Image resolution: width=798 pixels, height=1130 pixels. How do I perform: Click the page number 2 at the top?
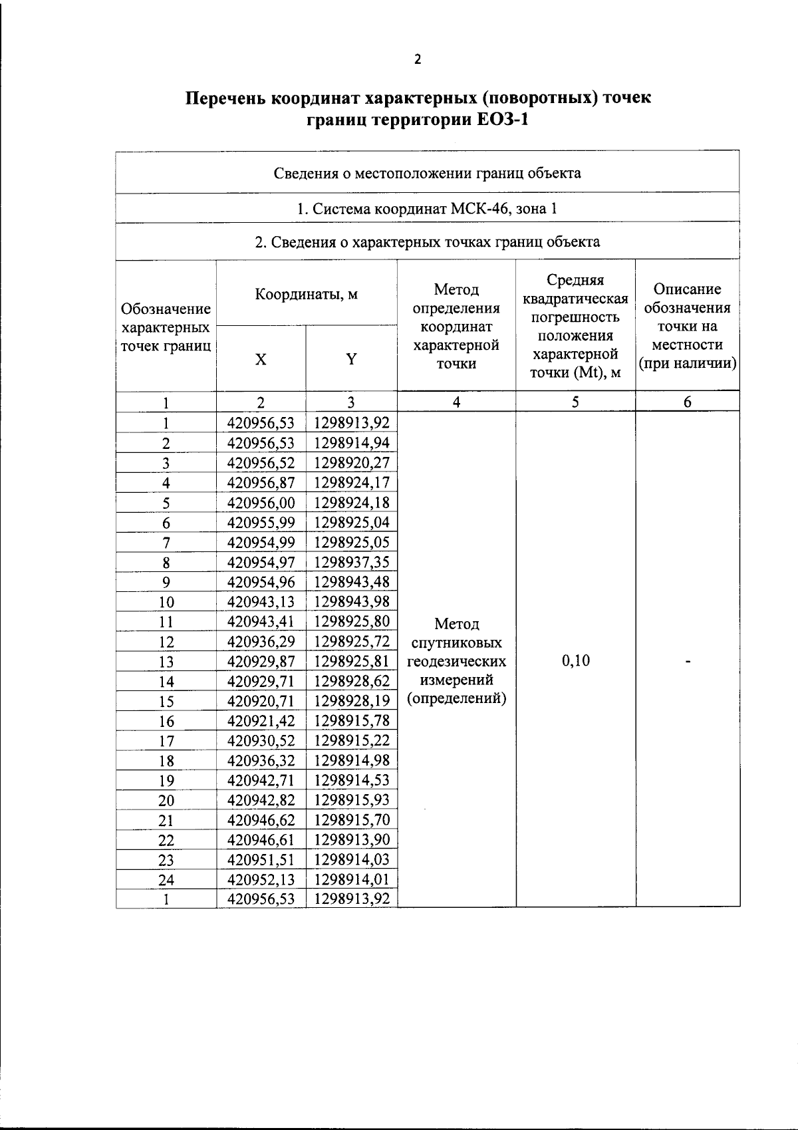[417, 60]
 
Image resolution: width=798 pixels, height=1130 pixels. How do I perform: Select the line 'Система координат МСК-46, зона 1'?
[427, 209]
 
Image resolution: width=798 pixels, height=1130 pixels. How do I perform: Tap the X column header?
[261, 360]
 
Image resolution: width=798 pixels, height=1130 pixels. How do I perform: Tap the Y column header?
[351, 360]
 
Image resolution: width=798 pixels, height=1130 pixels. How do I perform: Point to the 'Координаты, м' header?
[307, 294]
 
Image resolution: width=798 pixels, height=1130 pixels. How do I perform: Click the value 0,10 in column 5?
[575, 661]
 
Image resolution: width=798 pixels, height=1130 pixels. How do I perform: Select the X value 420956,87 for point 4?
[261, 483]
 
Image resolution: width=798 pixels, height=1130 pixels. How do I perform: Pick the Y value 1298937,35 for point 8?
[351, 562]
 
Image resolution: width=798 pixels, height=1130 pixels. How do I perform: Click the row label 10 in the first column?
[166, 602]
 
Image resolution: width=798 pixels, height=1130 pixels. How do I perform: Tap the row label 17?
[166, 741]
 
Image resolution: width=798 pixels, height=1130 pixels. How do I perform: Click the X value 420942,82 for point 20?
[261, 800]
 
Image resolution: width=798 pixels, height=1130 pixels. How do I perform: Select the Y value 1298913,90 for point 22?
[351, 840]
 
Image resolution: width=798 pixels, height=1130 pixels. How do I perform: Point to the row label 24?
[166, 880]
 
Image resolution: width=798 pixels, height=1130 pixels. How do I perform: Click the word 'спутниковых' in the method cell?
[456, 643]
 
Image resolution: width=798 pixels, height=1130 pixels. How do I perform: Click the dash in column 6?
[688, 661]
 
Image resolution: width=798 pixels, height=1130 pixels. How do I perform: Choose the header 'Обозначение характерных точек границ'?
[166, 327]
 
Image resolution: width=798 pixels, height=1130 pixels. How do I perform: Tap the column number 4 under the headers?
[456, 402]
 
